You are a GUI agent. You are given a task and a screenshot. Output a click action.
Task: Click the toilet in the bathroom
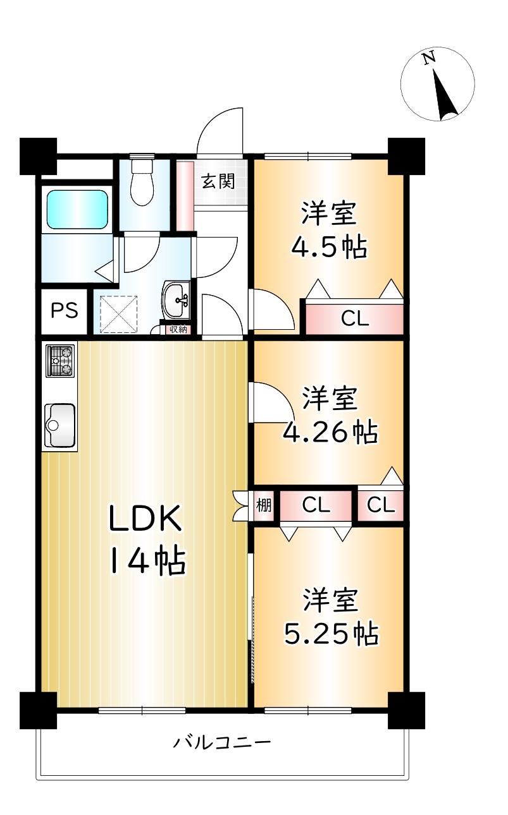[x=142, y=182]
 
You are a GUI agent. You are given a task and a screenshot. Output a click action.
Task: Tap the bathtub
[x=77, y=209]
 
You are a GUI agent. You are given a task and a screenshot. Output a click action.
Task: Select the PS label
[x=64, y=311]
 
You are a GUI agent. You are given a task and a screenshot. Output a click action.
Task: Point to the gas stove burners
[x=60, y=361]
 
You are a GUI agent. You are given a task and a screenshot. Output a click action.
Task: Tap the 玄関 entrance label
[x=219, y=181]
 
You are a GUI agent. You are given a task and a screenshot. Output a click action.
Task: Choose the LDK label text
[x=146, y=518]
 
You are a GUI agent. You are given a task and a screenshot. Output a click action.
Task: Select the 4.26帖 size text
[x=331, y=432]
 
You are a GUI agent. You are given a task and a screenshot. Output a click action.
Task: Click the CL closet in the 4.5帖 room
[x=354, y=319]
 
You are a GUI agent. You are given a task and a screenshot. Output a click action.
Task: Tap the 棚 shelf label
[x=264, y=505]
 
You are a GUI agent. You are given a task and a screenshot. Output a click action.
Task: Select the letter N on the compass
[x=428, y=58]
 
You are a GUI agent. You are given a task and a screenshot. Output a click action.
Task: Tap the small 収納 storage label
[x=178, y=330]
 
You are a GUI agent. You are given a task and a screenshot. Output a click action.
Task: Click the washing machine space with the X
[x=119, y=314]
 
